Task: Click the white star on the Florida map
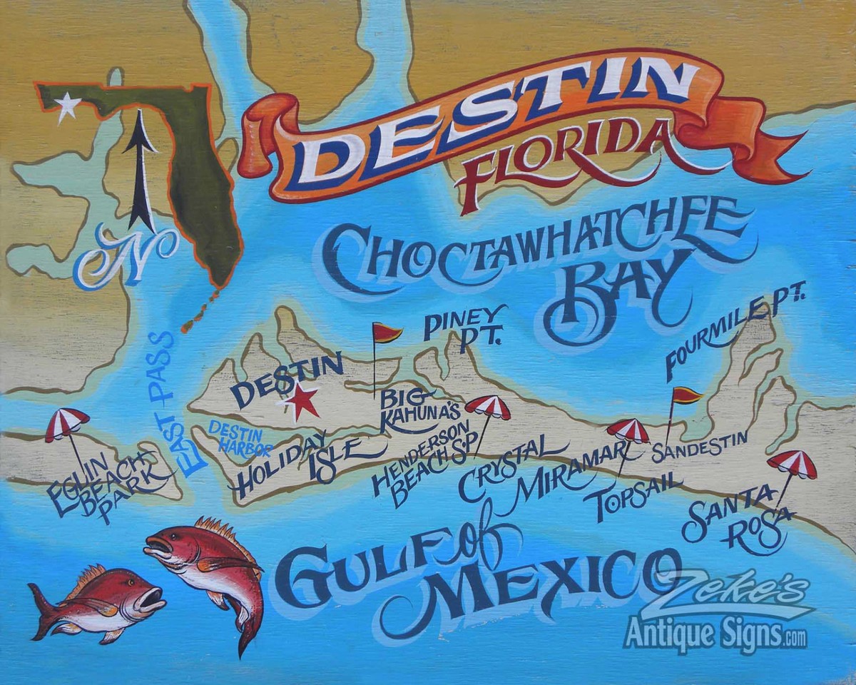click(x=68, y=106)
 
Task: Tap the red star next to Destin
click(x=302, y=402)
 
